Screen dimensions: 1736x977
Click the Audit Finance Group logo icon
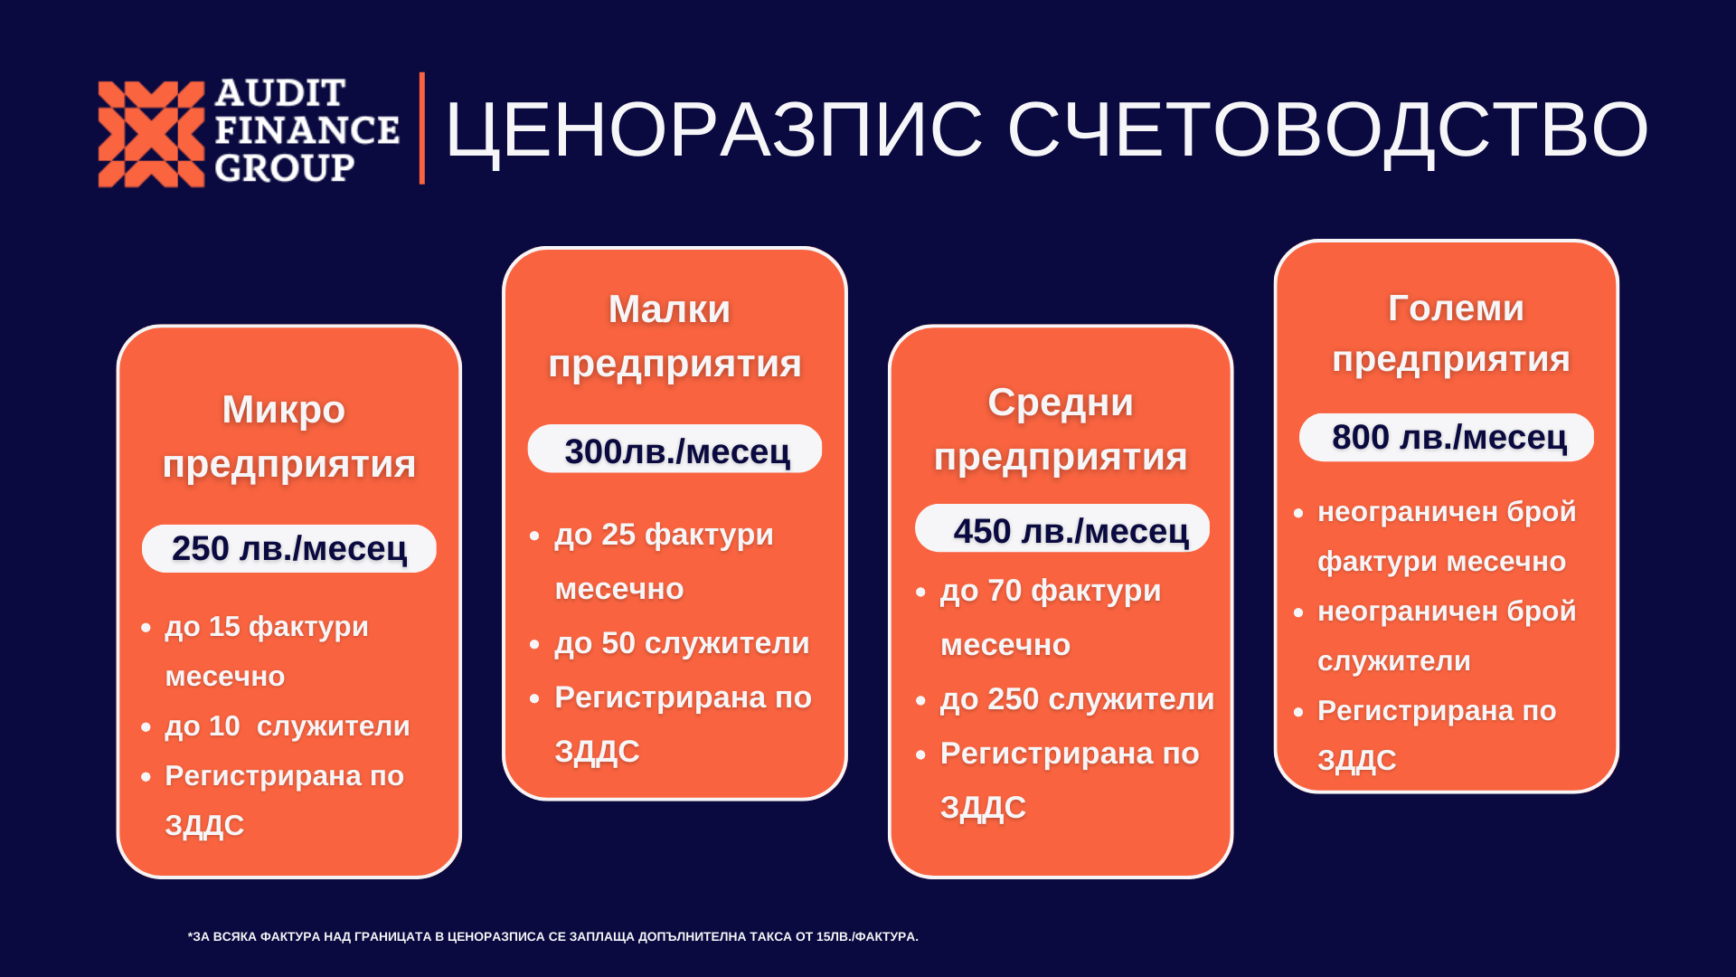151,134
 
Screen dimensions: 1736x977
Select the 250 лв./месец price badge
289,548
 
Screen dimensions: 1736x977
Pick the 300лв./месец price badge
675,449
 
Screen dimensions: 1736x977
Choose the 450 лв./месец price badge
1062,528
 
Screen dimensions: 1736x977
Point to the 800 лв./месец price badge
1447,437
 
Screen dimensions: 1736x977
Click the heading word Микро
284,410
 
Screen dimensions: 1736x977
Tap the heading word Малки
669,309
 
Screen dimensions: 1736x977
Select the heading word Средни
1061,403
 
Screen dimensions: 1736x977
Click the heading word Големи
1456,308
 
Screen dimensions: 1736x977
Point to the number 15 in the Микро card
224,626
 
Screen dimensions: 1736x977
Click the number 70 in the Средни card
1004,591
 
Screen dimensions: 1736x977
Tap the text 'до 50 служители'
682,643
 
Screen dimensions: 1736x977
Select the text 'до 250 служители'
1077,699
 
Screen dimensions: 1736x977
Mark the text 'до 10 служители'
288,726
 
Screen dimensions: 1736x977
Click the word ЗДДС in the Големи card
1357,760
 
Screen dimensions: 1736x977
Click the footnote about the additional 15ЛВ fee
553,936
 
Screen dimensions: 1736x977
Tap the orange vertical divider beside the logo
422,128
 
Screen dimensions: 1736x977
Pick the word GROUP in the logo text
285,168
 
